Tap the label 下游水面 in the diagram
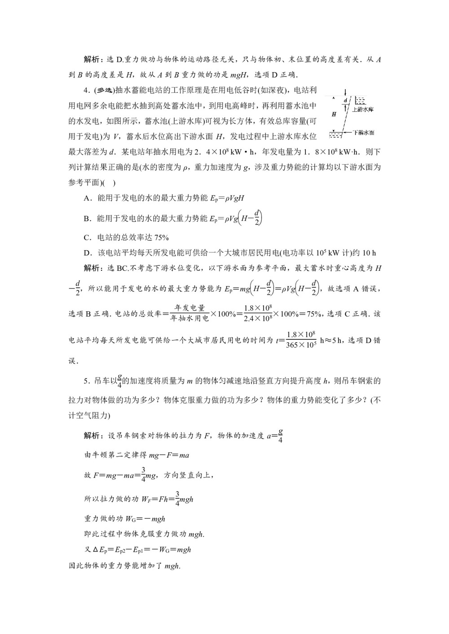coord(364,133)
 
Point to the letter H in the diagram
coord(334,114)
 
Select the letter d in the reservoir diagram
coord(345,100)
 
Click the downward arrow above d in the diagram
coord(345,91)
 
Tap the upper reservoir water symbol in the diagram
coord(360,100)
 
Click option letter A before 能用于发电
coord(87,198)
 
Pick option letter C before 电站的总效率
coord(87,238)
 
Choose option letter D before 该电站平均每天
coord(87,253)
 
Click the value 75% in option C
coord(160,238)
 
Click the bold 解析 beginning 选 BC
coord(93,268)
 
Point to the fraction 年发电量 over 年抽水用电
coord(190,313)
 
